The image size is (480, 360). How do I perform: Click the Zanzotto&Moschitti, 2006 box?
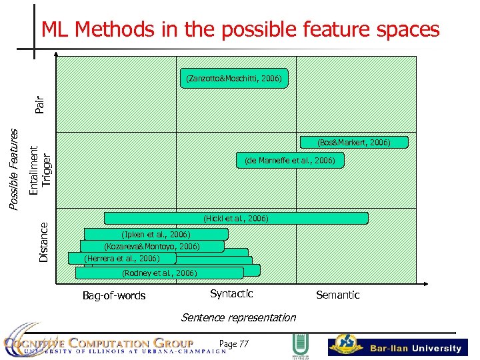coord(234,79)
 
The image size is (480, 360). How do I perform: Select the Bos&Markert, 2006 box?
coord(353,142)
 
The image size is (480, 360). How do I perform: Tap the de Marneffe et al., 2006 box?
coord(290,160)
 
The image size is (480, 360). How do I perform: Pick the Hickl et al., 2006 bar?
coord(236,218)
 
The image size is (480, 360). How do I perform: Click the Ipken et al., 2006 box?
coord(156,234)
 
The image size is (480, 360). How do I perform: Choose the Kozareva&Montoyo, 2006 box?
coord(151,246)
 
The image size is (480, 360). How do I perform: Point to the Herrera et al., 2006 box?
coord(122,258)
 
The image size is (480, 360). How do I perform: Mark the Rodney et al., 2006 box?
coord(159,273)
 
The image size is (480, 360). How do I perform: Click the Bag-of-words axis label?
coord(113,295)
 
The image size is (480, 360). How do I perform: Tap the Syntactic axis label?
coord(231,293)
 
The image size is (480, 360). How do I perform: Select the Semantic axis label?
coord(337,295)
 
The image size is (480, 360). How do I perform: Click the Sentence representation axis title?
coord(238,317)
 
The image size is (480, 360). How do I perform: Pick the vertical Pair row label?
coord(40,104)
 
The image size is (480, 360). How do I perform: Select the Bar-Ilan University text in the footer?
coord(415,348)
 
